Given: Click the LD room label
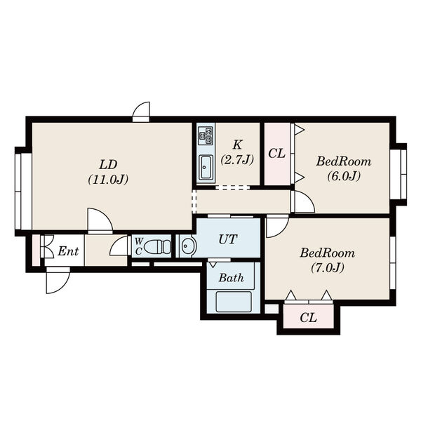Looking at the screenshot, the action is pos(108,165).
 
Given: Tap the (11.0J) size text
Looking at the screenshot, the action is pos(108,180).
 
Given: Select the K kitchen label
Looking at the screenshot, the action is pos(237,145).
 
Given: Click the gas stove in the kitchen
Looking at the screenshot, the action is pos(206,135).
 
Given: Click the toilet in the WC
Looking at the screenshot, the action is pos(157,246).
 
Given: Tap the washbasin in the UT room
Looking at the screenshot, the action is pos(188,246).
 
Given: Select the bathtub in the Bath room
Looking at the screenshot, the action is pos(234,302).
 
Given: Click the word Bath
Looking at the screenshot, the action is pos(231,278).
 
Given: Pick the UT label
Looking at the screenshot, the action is pos(228,239).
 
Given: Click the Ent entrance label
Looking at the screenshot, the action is pos(68,251).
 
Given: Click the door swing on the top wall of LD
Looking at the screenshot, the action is pos(141,112).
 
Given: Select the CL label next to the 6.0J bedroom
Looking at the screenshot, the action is pos(277,154).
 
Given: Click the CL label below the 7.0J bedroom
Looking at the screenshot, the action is pos(309,318).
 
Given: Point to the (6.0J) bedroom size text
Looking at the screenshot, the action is pos(344,176).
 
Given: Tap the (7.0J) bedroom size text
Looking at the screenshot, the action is pos(328,267).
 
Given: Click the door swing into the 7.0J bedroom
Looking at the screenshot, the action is pos(277,226).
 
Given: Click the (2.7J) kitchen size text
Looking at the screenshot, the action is pos(237,160).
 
